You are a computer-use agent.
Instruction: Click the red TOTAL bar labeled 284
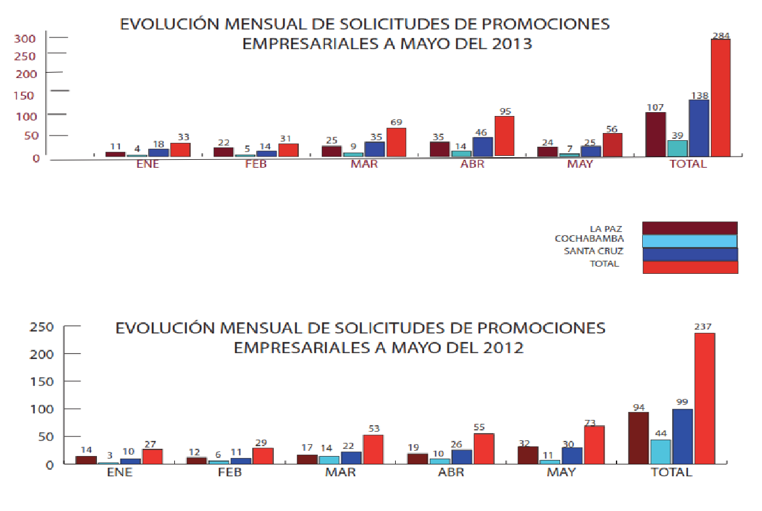click(721, 98)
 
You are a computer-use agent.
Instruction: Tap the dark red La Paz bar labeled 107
click(655, 134)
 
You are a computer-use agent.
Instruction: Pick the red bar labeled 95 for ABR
click(504, 136)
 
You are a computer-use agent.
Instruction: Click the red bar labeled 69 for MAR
click(396, 142)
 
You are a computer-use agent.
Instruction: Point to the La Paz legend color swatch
click(689, 227)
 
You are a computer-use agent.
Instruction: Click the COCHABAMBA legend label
click(589, 238)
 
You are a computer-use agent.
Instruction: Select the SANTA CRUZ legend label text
click(594, 251)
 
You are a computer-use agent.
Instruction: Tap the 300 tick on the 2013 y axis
click(26, 38)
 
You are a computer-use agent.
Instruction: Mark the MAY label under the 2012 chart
click(562, 472)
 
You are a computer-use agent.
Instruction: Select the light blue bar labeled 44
click(660, 451)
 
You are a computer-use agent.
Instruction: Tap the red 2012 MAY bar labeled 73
click(594, 445)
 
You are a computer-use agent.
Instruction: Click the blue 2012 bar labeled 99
click(682, 436)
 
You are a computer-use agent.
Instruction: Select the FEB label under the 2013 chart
click(256, 164)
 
